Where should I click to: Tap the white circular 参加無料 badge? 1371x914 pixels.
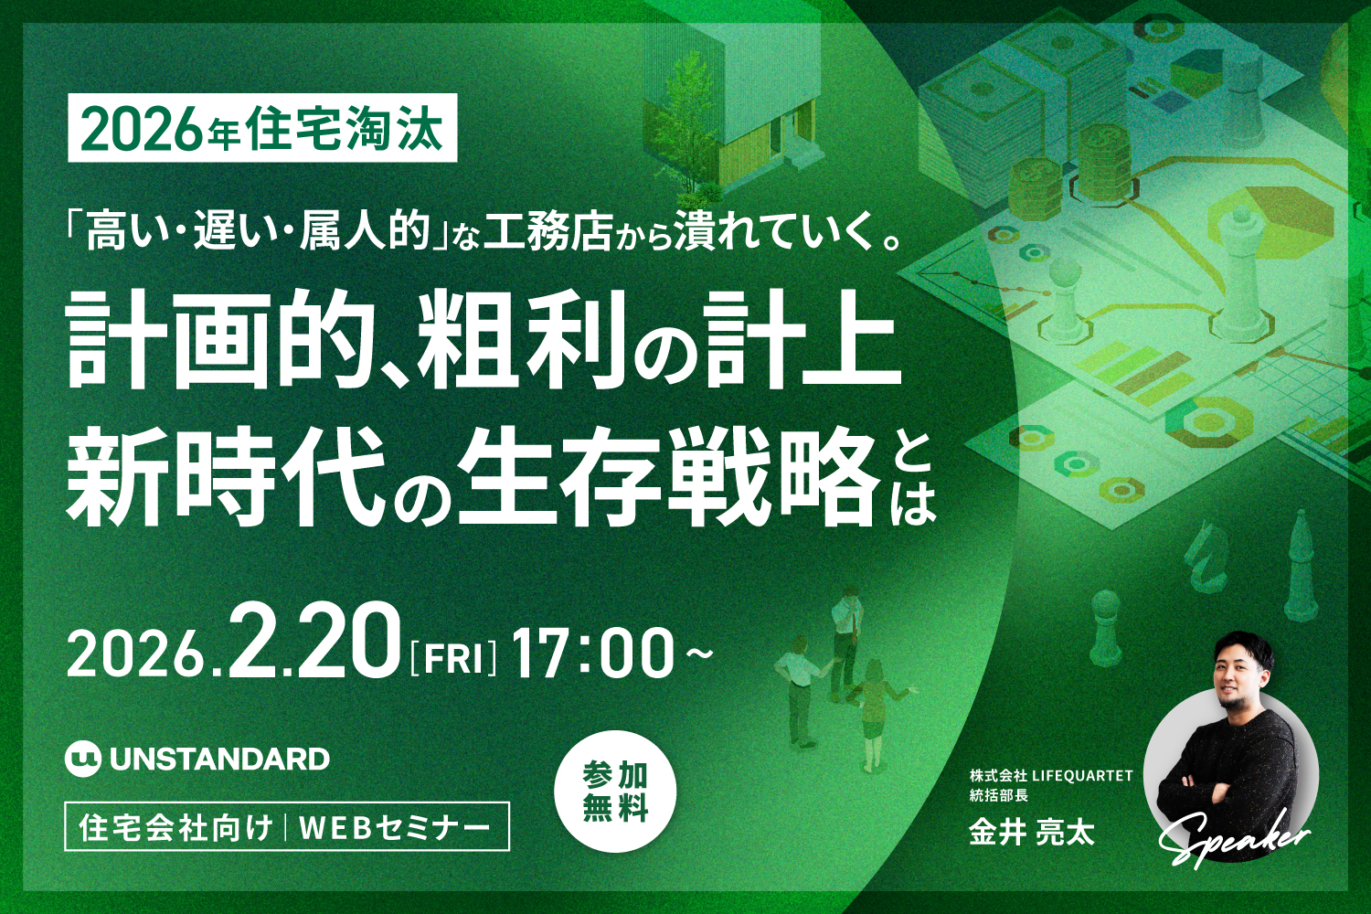pos(615,792)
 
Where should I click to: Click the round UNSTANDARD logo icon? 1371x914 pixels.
pos(82,759)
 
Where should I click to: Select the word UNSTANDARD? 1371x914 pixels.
pos(219,759)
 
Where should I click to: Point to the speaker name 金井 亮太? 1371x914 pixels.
pos(1031,833)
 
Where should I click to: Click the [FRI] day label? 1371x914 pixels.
pos(454,656)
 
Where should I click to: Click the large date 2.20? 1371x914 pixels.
pos(316,643)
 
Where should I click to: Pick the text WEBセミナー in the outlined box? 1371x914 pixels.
pos(394,827)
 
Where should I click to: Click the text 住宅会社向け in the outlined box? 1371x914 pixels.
pos(175,827)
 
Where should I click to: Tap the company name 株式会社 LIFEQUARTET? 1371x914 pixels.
pos(1051,775)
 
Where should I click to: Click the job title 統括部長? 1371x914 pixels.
pos(999,795)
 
